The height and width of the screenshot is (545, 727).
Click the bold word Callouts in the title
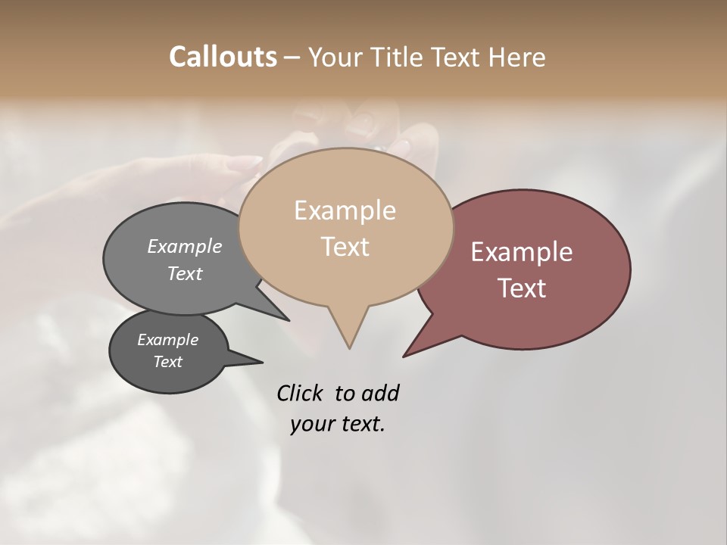click(x=223, y=57)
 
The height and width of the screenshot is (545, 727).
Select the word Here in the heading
click(x=518, y=57)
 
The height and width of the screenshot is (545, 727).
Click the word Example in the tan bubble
click(x=345, y=210)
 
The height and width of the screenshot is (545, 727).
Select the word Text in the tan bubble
click(x=345, y=246)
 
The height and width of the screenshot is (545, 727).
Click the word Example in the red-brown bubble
click(x=522, y=252)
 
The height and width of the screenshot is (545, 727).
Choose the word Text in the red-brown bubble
click(x=522, y=288)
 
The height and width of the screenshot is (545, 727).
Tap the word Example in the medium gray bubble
click(x=184, y=246)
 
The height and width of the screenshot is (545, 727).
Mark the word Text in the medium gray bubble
click(x=184, y=273)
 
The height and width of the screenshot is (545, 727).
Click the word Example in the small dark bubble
click(x=167, y=340)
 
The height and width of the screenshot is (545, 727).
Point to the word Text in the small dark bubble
click(x=167, y=362)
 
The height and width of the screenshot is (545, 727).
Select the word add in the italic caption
click(x=380, y=394)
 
